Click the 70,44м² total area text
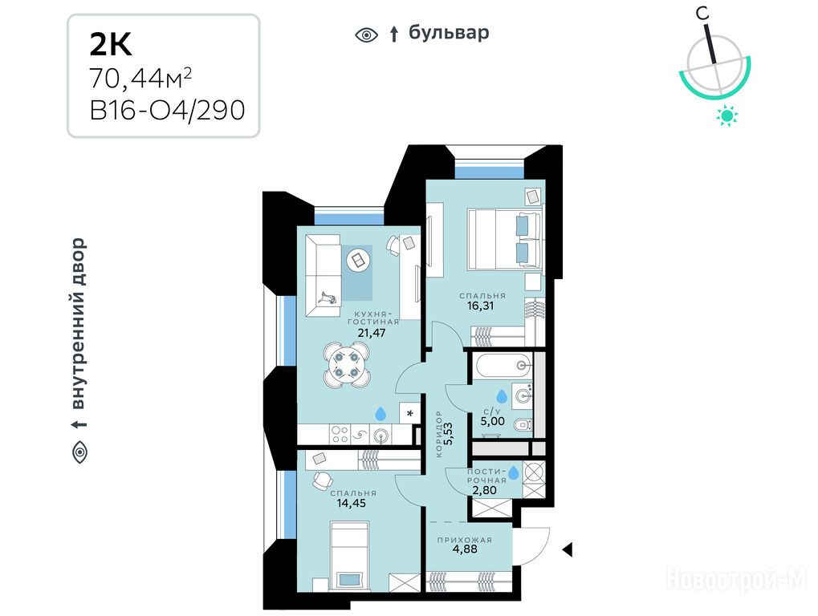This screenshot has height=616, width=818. click(140, 79)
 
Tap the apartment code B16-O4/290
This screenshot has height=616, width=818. click(168, 110)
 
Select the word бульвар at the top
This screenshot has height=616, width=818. click(449, 32)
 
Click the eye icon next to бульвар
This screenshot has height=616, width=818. click(366, 35)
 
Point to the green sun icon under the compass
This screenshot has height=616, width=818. click(726, 115)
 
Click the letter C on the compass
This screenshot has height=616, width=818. click(703, 13)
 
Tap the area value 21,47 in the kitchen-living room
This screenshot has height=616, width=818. click(372, 333)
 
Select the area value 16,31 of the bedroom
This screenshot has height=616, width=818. click(480, 306)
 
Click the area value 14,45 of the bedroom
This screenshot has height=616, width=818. click(351, 503)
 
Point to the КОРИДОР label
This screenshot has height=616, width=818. click(439, 434)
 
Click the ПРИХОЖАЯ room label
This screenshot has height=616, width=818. click(464, 540)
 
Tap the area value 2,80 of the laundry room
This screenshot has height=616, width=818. click(484, 490)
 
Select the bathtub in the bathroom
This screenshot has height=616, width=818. click(503, 365)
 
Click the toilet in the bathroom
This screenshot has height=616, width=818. click(523, 426)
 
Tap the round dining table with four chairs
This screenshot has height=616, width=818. click(345, 365)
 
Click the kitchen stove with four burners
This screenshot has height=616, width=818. click(340, 434)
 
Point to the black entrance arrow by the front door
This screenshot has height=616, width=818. click(568, 549)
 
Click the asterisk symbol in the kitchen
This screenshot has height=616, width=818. click(410, 414)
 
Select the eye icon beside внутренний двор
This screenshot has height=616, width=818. click(79, 452)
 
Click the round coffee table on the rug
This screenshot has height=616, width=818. click(358, 259)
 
